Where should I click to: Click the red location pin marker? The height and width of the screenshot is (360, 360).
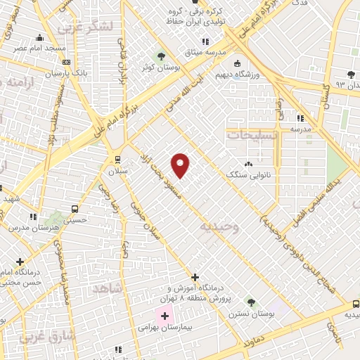point(181,166)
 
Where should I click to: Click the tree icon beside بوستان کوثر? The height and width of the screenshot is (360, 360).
point(162,56)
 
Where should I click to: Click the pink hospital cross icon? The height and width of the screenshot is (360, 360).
point(165,316)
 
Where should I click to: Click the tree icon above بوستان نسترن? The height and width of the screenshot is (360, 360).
point(250,302)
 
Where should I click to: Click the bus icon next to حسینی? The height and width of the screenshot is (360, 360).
point(74,209)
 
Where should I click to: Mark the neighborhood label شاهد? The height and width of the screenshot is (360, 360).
point(108,289)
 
